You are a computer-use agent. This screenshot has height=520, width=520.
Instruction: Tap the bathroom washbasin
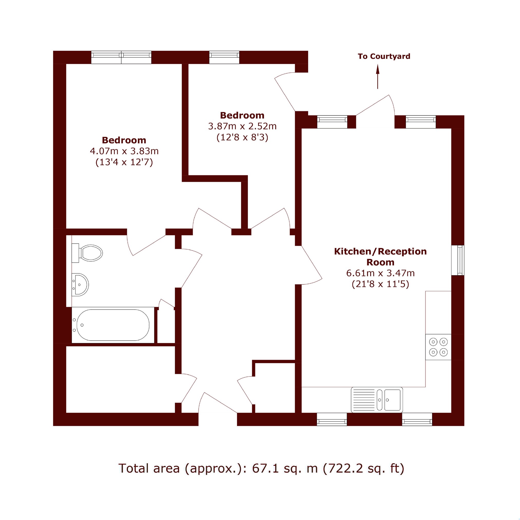pos(80,285)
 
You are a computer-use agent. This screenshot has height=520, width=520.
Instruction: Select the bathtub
pos(113,325)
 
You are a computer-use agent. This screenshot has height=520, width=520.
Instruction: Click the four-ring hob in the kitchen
pos(438,347)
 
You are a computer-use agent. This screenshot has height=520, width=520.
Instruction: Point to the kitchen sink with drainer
pos(377,400)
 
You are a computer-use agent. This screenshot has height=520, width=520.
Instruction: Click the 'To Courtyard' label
pos(384,56)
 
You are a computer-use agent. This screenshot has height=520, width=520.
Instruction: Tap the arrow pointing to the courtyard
pos(378,77)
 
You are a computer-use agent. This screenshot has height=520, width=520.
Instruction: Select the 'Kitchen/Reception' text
pos(380,251)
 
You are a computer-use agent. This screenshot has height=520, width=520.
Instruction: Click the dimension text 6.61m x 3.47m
pos(380,273)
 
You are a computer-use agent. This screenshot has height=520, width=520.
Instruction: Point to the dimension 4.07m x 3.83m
pos(124,151)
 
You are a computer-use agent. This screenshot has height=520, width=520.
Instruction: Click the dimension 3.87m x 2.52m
pos(242,126)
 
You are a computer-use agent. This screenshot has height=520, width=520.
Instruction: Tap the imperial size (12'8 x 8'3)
pos(242,138)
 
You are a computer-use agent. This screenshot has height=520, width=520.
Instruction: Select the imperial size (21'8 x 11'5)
pos(380,284)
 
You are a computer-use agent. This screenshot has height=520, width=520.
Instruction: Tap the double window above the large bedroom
pos(121,57)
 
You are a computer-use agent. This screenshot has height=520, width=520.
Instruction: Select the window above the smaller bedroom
pos(224,57)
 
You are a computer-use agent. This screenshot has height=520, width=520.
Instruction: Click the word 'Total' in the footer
pos(134,469)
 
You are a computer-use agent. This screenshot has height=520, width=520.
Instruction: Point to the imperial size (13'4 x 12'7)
pos(124,162)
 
